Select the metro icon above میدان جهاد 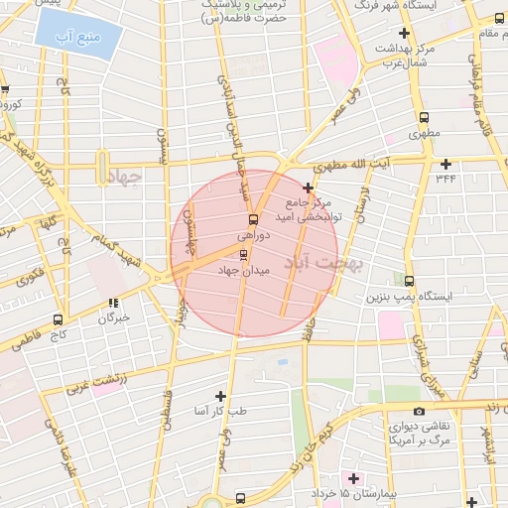pyautogui.click(x=244, y=254)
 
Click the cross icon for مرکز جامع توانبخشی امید pyautogui.click(x=309, y=188)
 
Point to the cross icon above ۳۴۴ pyautogui.click(x=445, y=164)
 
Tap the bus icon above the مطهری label pyautogui.click(x=413, y=111)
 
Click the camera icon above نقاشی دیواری pyautogui.click(x=420, y=411)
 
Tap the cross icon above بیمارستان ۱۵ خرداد pyautogui.click(x=353, y=478)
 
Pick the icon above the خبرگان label pyautogui.click(x=114, y=304)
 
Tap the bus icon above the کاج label pyautogui.click(x=58, y=319)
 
